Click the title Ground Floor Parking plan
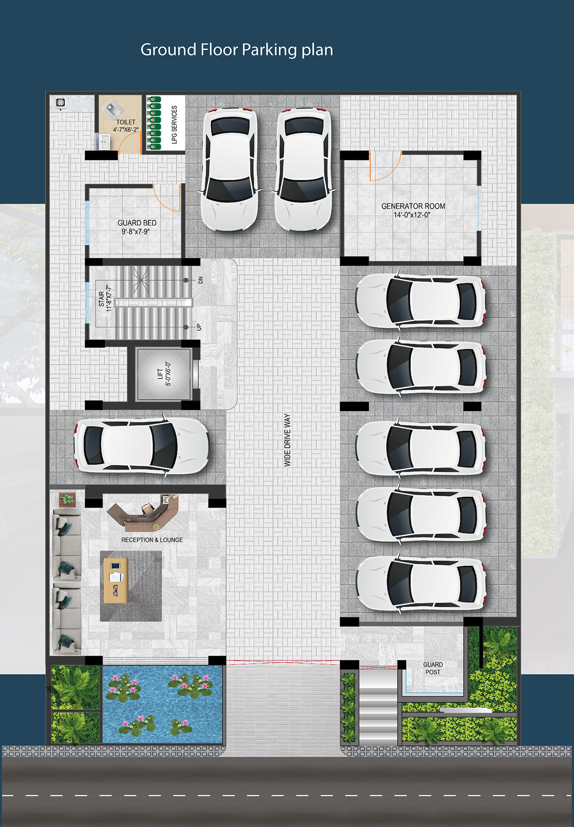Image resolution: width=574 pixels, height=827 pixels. pyautogui.click(x=237, y=50)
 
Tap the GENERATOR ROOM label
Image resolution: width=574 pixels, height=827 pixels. pyautogui.click(x=413, y=206)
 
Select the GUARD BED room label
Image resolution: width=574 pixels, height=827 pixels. pyautogui.click(x=137, y=223)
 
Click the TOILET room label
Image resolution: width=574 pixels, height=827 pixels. pyautogui.click(x=126, y=122)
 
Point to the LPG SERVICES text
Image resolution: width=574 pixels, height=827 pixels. pyautogui.click(x=174, y=125)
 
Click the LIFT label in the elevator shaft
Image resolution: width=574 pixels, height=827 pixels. pyautogui.click(x=160, y=374)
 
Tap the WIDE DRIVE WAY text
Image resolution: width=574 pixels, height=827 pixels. pyautogui.click(x=287, y=440)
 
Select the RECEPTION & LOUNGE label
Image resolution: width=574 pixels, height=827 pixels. pyautogui.click(x=152, y=540)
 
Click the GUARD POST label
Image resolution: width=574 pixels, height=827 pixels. pyautogui.click(x=433, y=668)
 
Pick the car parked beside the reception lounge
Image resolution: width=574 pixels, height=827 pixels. pyautogui.click(x=142, y=446)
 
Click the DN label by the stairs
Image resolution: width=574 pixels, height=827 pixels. pyautogui.click(x=200, y=280)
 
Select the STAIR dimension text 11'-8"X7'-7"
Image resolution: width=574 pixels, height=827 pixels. pyautogui.click(x=109, y=299)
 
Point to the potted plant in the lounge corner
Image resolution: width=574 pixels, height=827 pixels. pyautogui.click(x=67, y=499)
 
